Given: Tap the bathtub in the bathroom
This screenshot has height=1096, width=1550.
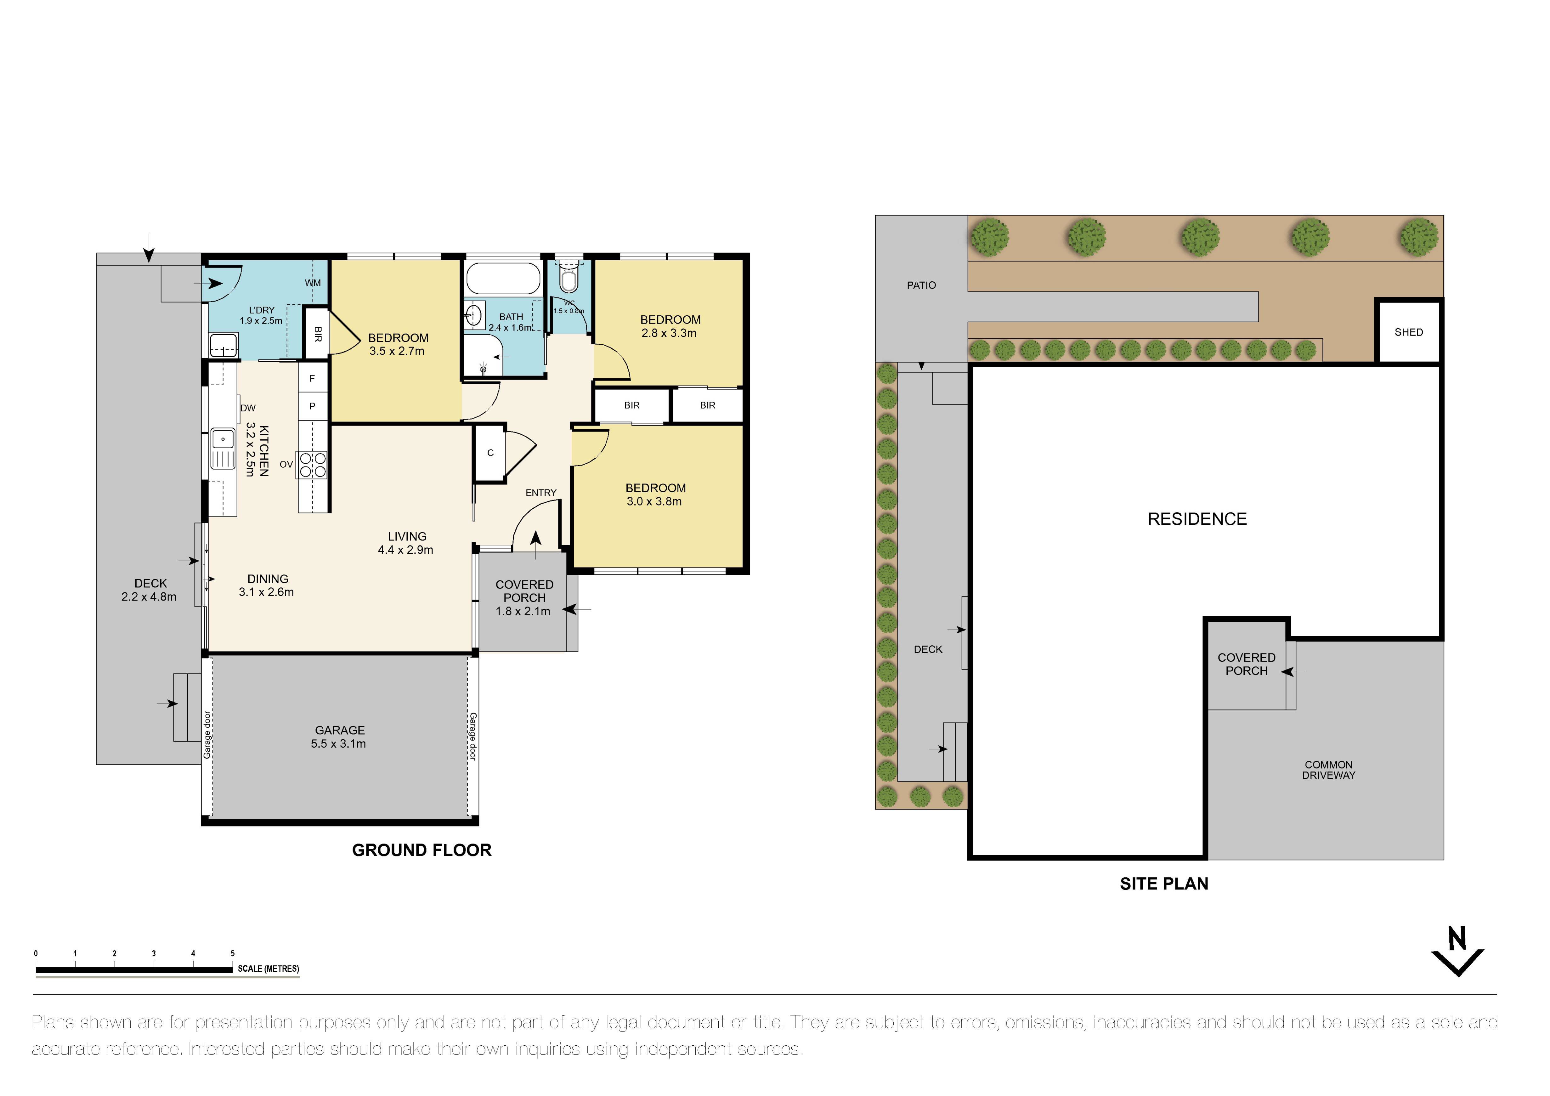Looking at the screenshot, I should coord(504,278).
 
